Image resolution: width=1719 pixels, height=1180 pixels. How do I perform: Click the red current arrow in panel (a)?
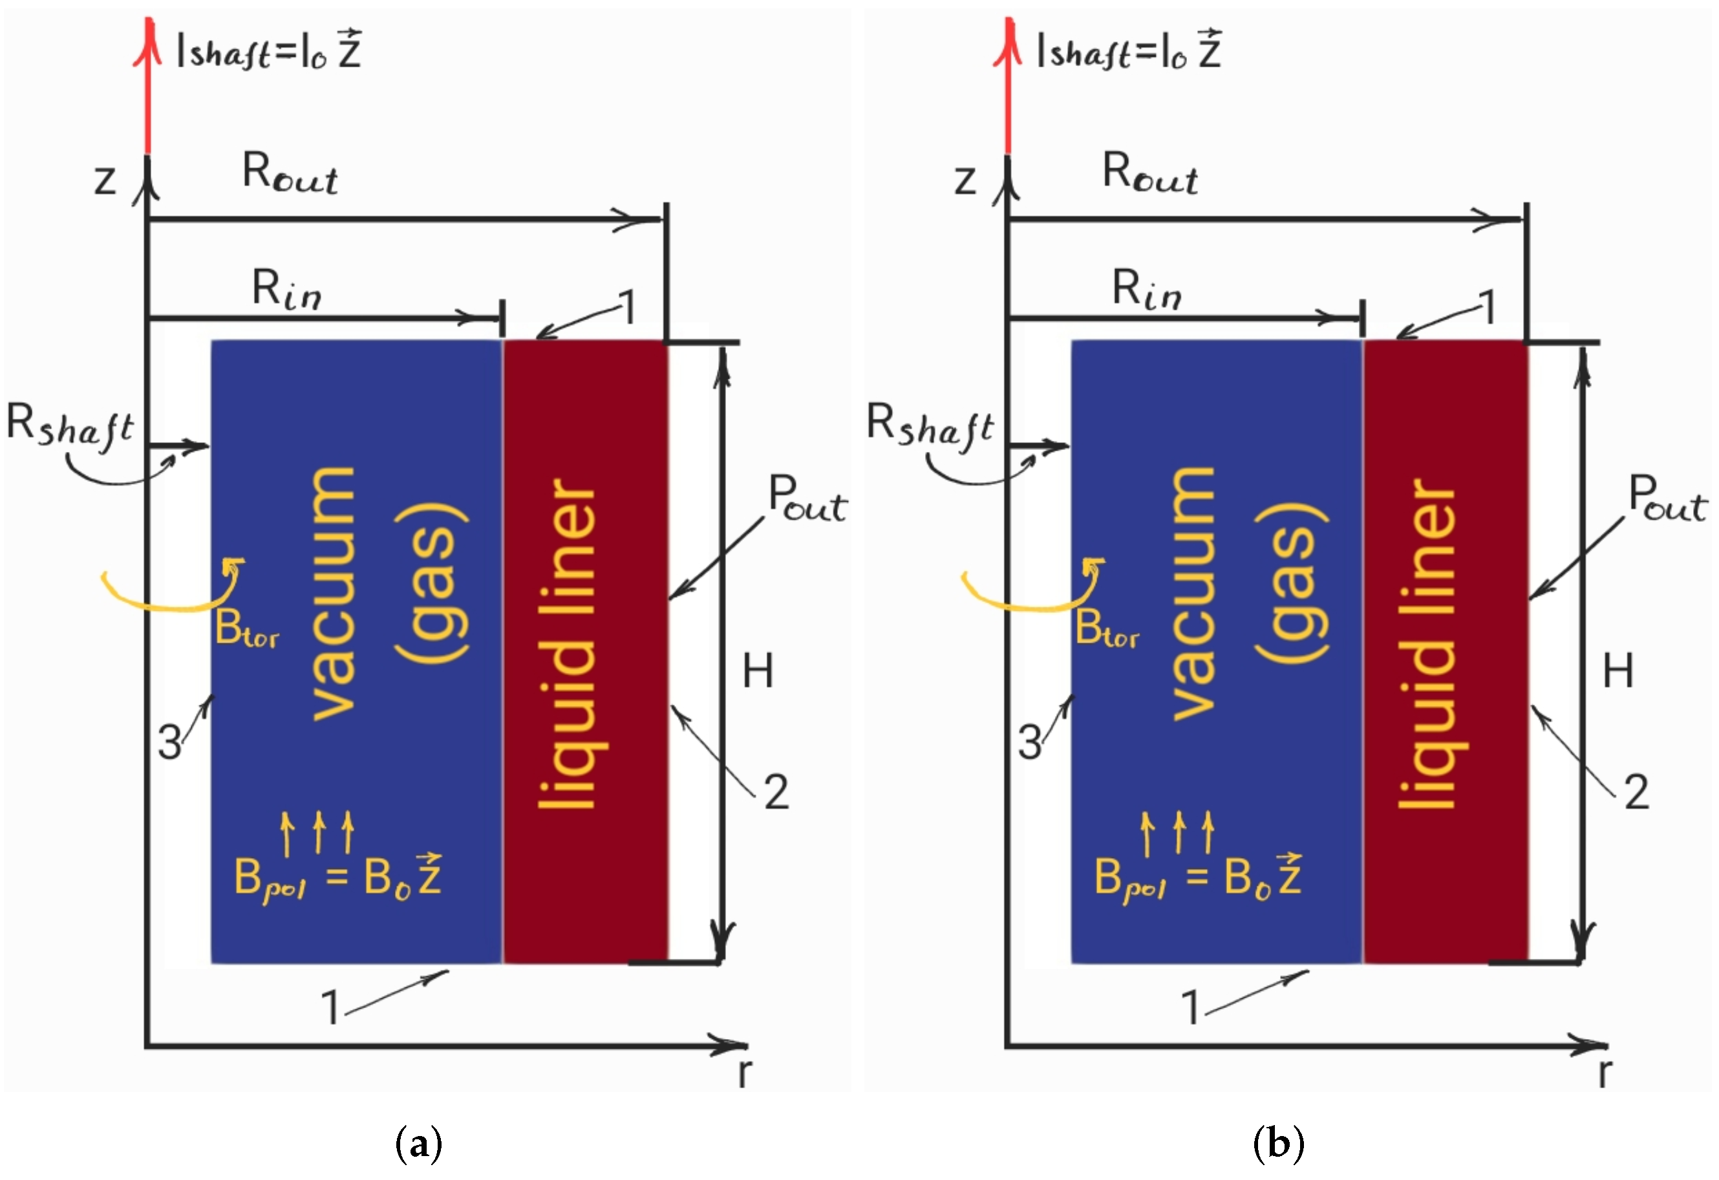[148, 89]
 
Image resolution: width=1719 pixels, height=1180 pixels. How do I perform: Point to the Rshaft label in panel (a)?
[70, 426]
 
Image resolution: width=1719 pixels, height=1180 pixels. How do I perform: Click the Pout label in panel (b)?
[1667, 499]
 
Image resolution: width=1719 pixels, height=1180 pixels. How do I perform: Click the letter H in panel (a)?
[758, 672]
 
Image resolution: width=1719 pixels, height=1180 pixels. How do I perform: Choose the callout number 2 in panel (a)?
[776, 792]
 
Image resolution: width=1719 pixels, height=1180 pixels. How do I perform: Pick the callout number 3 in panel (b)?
[1030, 743]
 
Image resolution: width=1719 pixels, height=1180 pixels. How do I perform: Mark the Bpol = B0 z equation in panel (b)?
[1197, 877]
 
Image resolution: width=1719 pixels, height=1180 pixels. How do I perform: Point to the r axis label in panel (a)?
[745, 1073]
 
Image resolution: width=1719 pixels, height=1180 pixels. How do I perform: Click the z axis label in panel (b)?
[965, 180]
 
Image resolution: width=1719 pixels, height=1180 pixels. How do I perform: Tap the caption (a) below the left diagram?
[419, 1143]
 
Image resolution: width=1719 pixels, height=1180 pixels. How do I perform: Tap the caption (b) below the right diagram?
[1278, 1143]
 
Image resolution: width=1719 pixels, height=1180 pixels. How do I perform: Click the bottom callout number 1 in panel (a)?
[330, 1007]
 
